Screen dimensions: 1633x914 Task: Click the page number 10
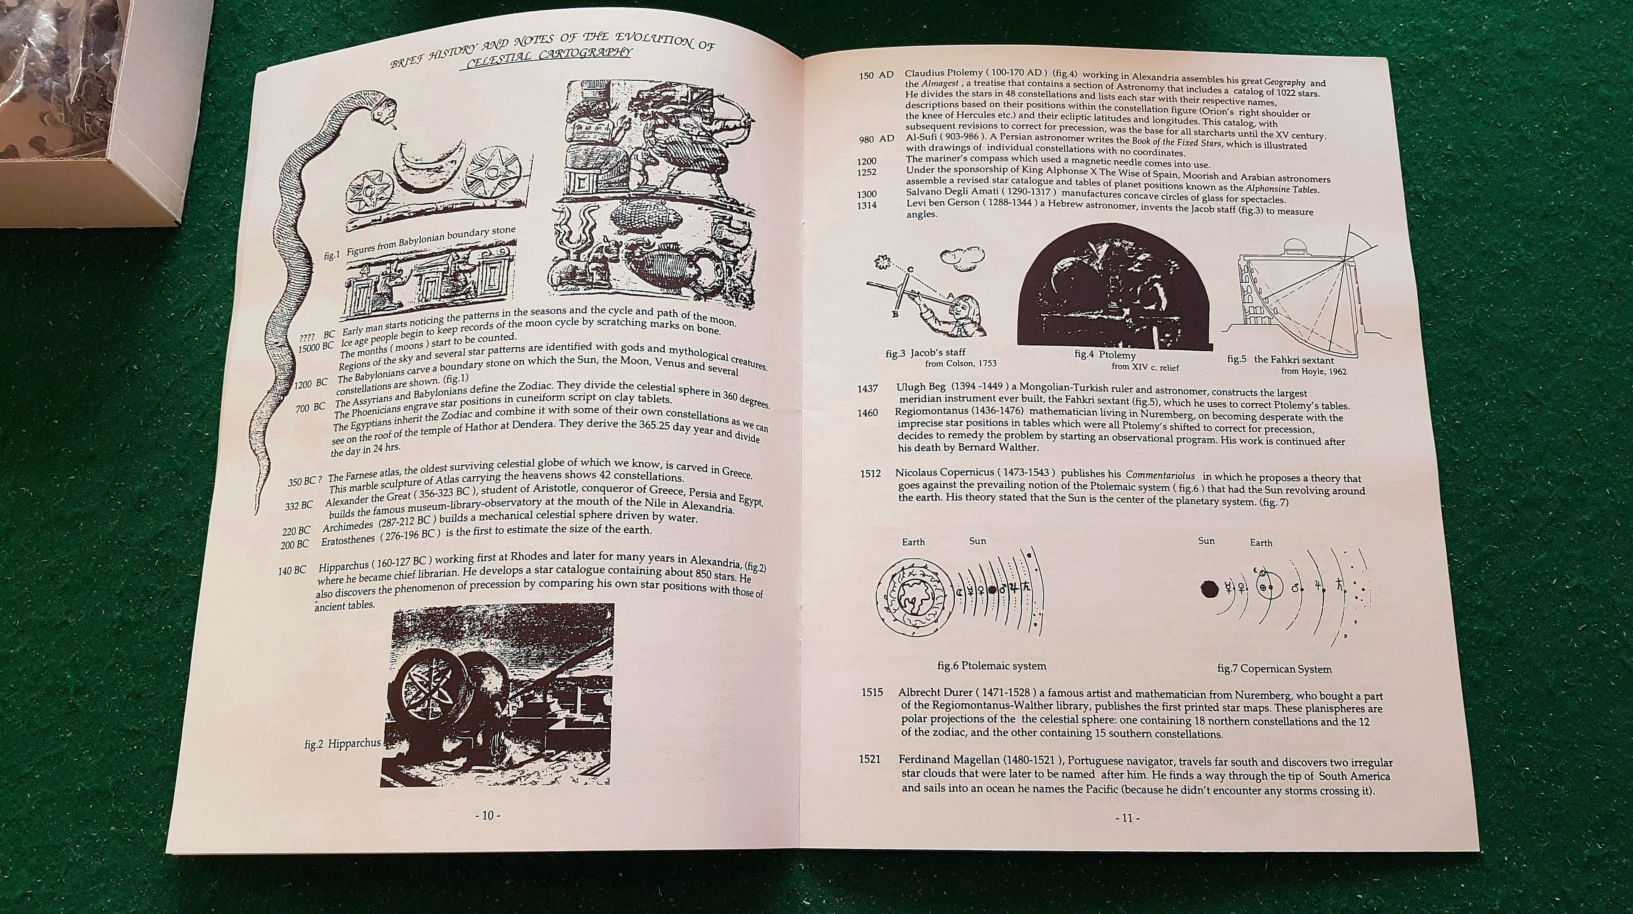click(x=487, y=816)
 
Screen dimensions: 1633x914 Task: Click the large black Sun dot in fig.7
click(x=1210, y=589)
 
